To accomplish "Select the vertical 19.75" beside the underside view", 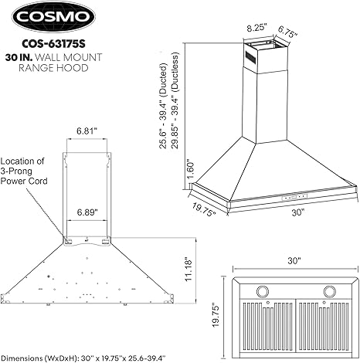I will pyautogui.click(x=218, y=311).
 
